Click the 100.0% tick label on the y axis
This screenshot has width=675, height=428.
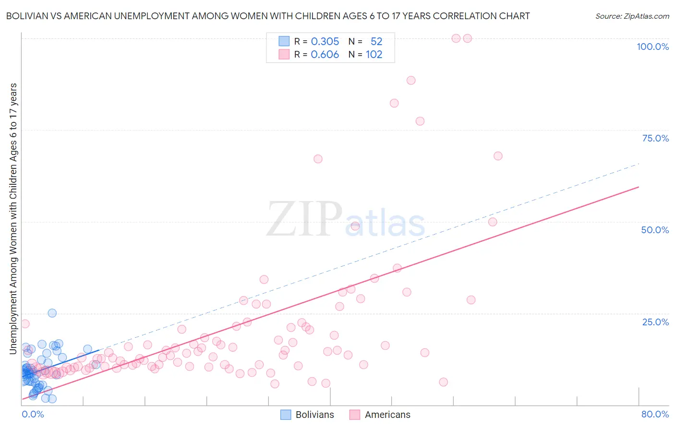coord(652,47)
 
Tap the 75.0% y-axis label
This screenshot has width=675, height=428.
coord(655,138)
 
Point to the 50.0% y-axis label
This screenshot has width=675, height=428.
coord(655,230)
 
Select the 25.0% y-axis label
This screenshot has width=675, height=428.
coord(655,321)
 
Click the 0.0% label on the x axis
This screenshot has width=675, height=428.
coord(33,414)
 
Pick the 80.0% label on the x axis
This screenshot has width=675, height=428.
coord(655,414)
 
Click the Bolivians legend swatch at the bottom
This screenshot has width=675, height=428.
coord(286,415)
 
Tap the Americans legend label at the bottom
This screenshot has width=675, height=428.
coord(387,415)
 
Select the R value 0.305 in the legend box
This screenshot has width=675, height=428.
coord(325,41)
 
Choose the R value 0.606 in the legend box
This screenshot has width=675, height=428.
coord(325,55)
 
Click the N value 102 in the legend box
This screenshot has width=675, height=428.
coord(374,55)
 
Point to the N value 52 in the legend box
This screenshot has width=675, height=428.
coord(376,41)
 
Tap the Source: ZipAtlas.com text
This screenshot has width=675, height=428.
coord(632,16)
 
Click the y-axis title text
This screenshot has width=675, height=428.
coord(13,219)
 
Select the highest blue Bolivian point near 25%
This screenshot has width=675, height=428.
coord(52,313)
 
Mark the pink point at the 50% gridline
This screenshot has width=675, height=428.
coord(493,222)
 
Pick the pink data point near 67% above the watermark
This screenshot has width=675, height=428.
coord(318,159)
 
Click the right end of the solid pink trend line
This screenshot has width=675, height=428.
coord(639,187)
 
